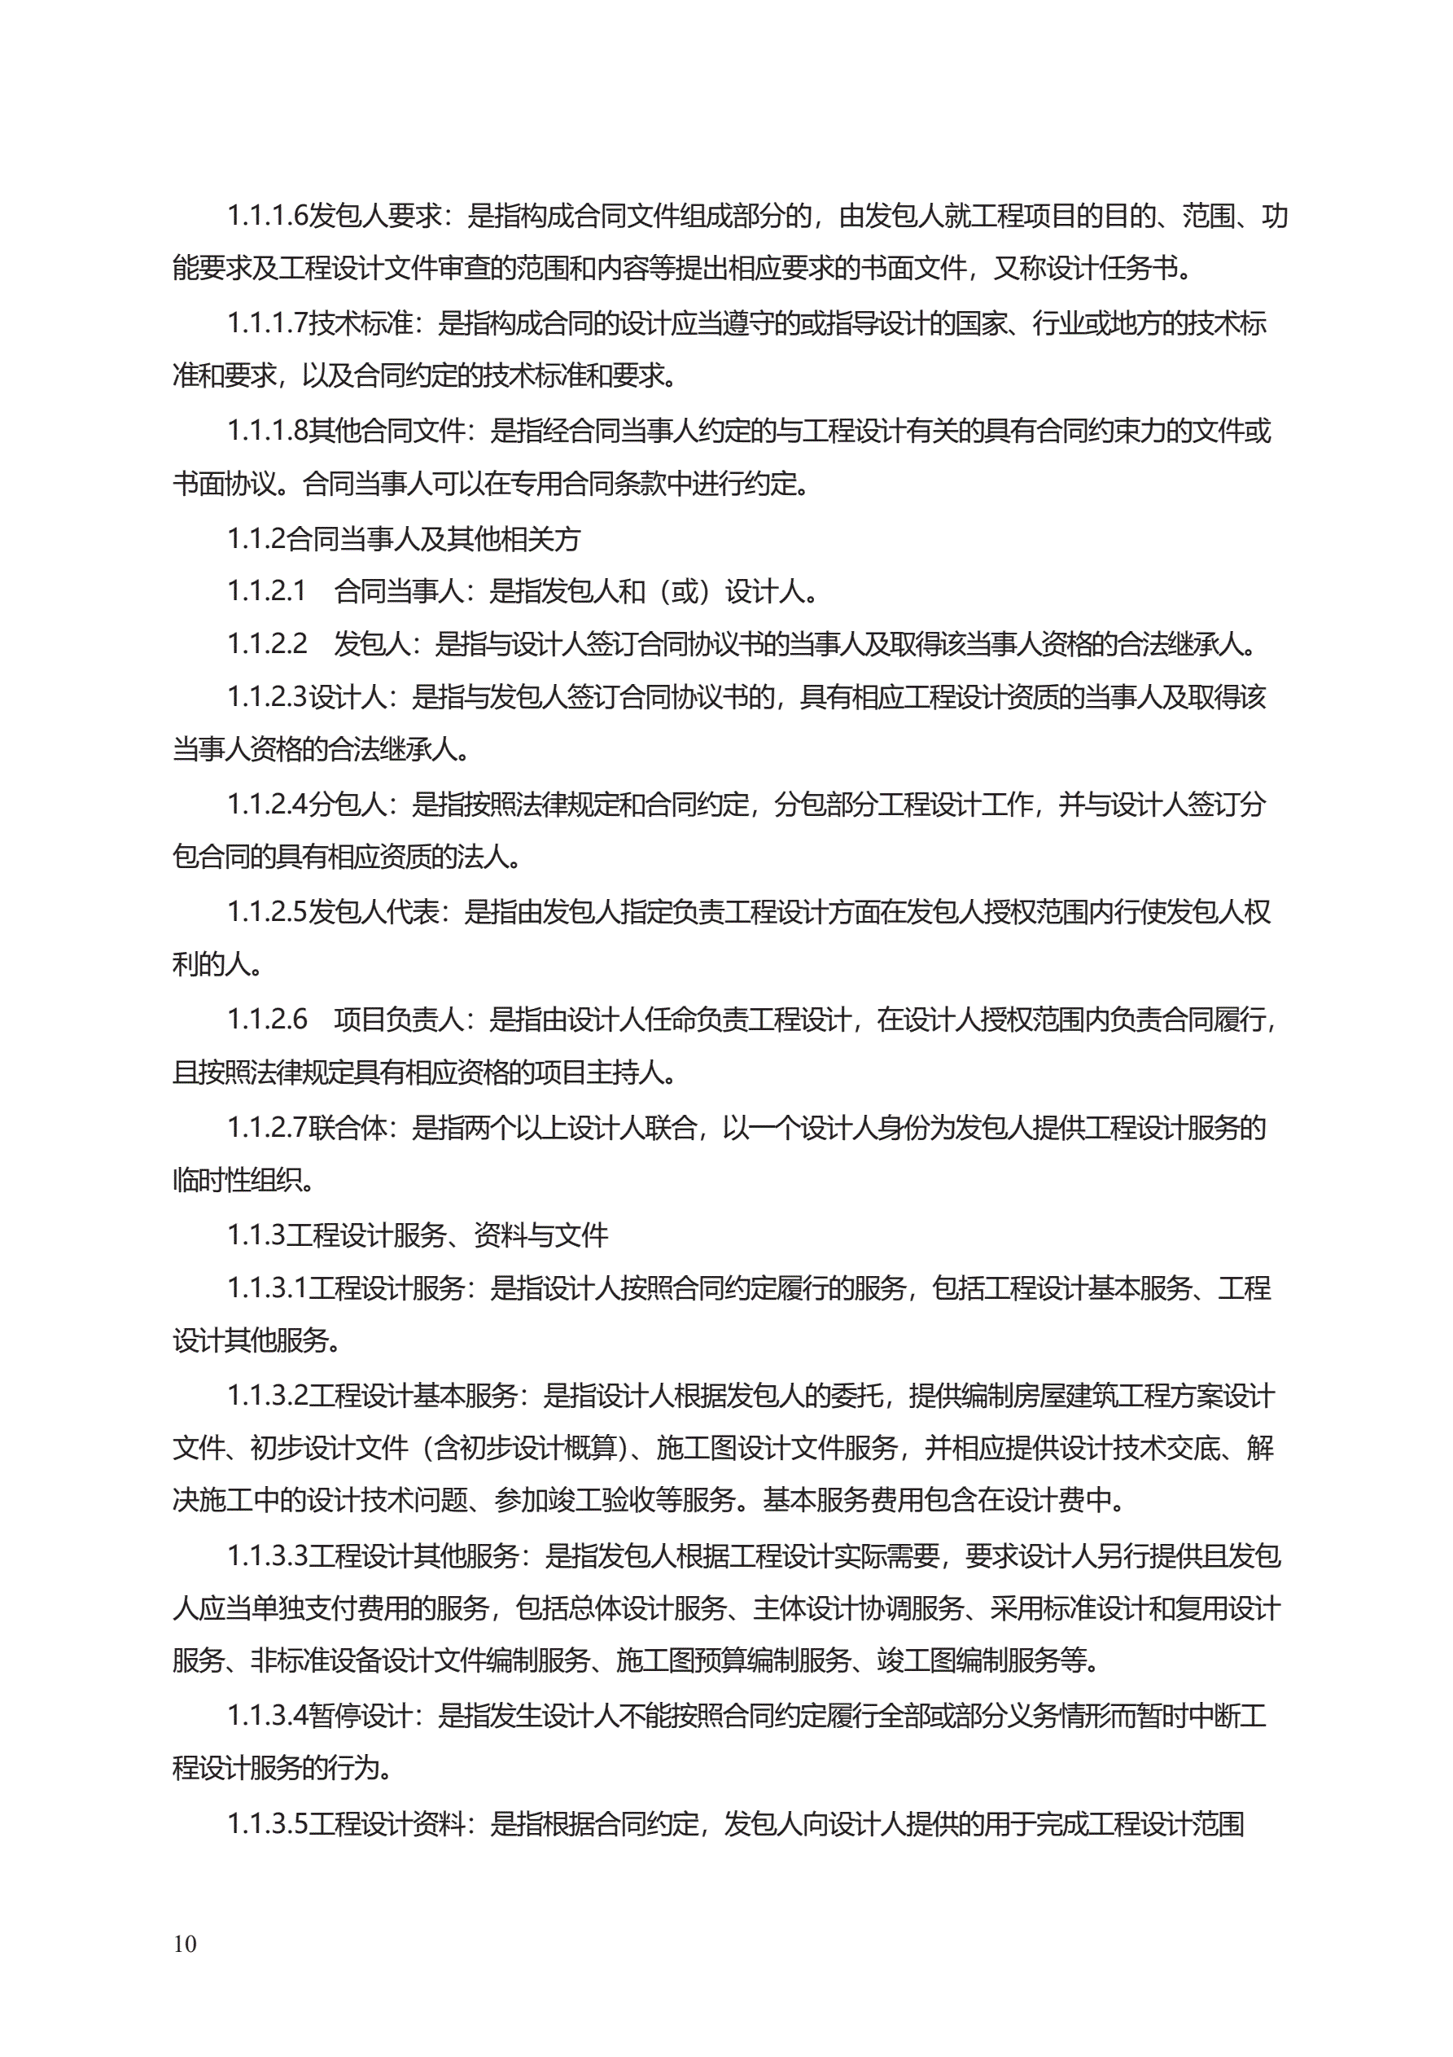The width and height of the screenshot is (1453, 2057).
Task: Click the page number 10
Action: click(185, 1943)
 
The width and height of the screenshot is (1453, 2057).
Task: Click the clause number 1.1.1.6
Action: click(267, 215)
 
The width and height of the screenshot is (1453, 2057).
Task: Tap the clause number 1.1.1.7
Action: click(267, 322)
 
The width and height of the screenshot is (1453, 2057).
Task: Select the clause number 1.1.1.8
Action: click(267, 431)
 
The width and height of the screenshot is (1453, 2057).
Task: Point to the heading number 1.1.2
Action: click(256, 538)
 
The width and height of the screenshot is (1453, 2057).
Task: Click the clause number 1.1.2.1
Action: click(267, 591)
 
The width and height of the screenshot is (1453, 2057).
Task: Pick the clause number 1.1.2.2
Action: click(267, 644)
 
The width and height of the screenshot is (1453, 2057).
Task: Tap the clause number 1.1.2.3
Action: click(267, 697)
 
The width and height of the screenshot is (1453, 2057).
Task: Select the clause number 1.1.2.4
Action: click(267, 805)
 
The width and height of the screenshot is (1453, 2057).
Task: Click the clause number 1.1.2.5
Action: click(267, 912)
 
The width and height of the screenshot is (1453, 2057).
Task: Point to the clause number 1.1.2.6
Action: click(267, 1020)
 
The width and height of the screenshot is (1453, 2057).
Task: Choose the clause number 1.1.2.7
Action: click(267, 1127)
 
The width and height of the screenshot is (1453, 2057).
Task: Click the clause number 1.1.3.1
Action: click(267, 1288)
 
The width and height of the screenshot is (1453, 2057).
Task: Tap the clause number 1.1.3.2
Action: click(267, 1396)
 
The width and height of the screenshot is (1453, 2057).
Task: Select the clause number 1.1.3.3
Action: click(267, 1556)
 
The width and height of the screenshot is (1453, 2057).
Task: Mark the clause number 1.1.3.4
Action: click(267, 1716)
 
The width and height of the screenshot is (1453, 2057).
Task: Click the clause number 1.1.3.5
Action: click(267, 1823)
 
